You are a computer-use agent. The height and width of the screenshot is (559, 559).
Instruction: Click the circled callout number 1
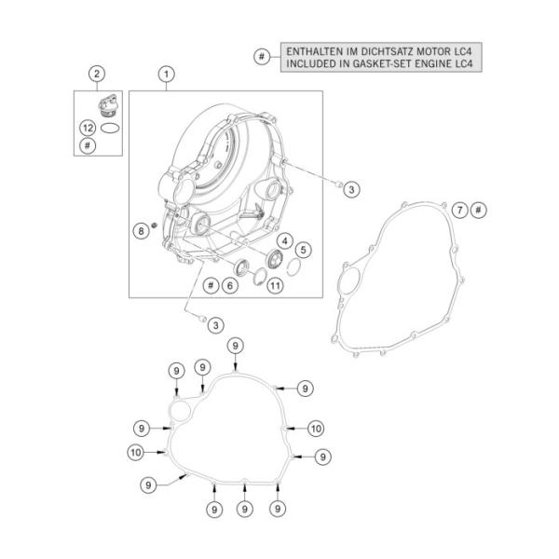pos(167,73)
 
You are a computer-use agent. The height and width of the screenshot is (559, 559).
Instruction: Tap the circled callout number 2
pos(96,73)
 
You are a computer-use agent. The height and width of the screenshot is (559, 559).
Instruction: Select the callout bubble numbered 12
pos(88,127)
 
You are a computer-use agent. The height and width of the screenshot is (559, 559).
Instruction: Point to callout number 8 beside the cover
pos(141,229)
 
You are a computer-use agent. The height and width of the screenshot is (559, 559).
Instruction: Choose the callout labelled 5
pos(303,251)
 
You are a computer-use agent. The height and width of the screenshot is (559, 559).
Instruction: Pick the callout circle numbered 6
pos(227,286)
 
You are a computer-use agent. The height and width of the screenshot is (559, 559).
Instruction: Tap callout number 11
pos(275,286)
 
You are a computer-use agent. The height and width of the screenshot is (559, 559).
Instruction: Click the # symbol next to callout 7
pos(477,209)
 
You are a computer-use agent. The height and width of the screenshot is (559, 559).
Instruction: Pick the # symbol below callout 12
pos(88,145)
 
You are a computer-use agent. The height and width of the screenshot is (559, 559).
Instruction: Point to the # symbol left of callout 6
pos(211,286)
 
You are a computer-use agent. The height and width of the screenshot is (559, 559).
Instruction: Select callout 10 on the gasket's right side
pos(315,429)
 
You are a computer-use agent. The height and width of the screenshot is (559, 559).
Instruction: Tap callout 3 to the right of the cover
pos(350,190)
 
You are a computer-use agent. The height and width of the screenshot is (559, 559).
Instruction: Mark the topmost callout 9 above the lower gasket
pos(236,346)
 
